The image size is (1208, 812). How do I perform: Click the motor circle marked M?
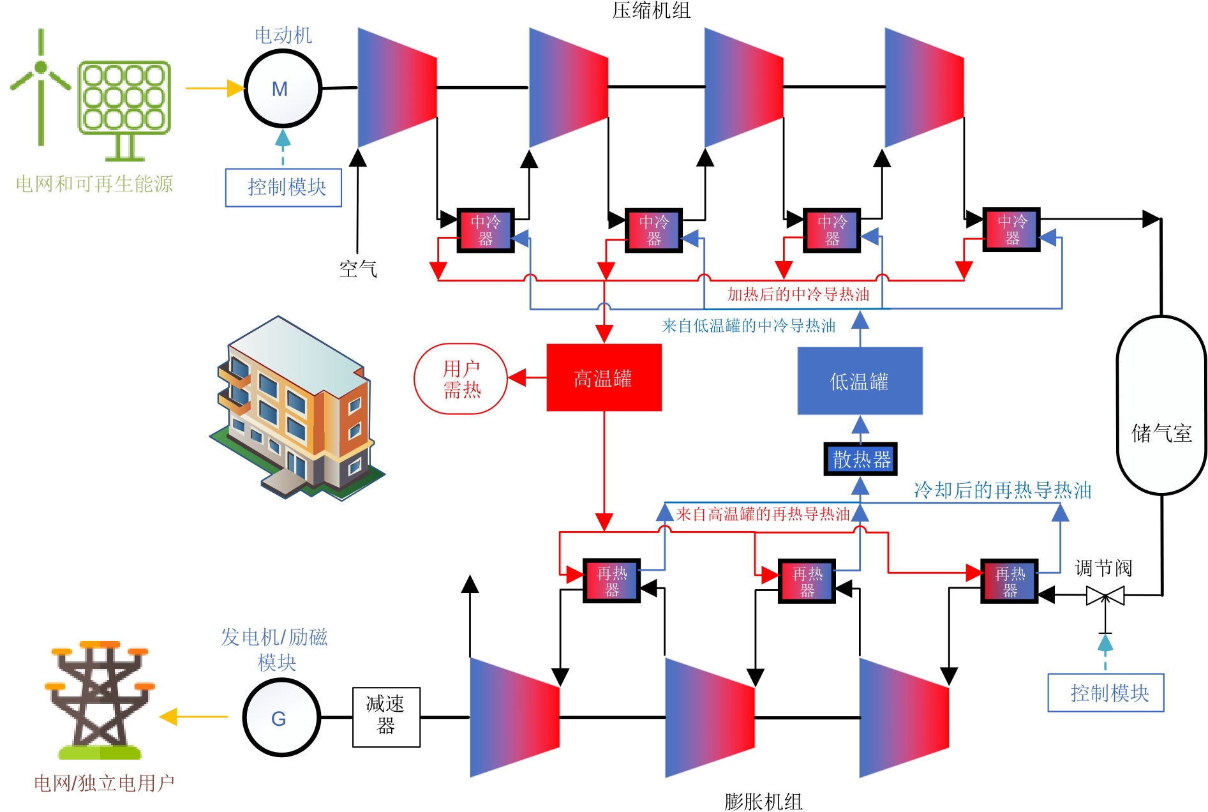(282, 89)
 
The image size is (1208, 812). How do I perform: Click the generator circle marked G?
(281, 718)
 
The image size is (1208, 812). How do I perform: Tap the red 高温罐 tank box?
(604, 378)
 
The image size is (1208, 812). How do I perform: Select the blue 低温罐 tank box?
(860, 381)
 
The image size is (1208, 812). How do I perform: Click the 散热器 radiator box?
(860, 459)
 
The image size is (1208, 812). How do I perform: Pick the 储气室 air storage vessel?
(1161, 405)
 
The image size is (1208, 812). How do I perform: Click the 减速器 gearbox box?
(386, 717)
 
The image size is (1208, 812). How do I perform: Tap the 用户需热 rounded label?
(461, 379)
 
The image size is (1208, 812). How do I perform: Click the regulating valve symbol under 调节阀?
(1105, 596)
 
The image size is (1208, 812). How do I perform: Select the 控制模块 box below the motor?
(283, 188)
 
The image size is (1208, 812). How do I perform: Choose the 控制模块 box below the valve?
(1105, 693)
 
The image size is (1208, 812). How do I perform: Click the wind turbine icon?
(41, 86)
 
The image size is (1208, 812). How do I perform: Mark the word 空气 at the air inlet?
(358, 269)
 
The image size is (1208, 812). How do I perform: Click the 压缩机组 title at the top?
(651, 10)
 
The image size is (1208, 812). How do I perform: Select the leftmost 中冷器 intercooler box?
(486, 230)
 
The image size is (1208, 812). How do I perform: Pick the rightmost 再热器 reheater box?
(1010, 582)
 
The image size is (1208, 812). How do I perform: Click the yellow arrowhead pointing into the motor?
(235, 89)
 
